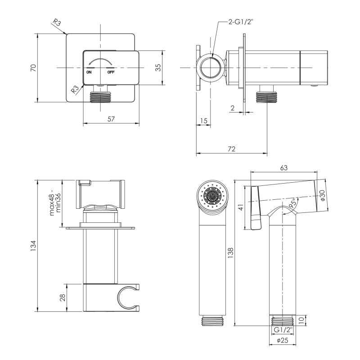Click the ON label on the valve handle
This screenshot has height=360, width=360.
coord(89,72)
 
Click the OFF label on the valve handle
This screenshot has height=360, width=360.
coord(111,72)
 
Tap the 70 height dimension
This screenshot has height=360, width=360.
coord(33,68)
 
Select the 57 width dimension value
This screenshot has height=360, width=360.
coord(111,119)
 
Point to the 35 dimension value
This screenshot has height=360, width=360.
coord(158,67)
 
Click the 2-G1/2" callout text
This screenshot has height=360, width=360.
coord(240,22)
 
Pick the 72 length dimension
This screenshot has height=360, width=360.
coord(232,149)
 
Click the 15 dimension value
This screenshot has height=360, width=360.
coord(204,121)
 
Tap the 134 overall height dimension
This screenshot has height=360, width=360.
coord(33,246)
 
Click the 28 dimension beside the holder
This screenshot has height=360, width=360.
coord(63,297)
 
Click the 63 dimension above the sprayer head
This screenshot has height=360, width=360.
coord(284,168)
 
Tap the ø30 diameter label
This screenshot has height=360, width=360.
coord(322,195)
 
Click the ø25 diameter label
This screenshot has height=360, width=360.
coord(283,340)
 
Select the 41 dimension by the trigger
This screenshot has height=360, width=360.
coord(241,207)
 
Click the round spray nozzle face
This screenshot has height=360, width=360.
coord(212,196)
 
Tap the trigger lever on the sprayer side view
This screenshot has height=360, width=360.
coord(256,208)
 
